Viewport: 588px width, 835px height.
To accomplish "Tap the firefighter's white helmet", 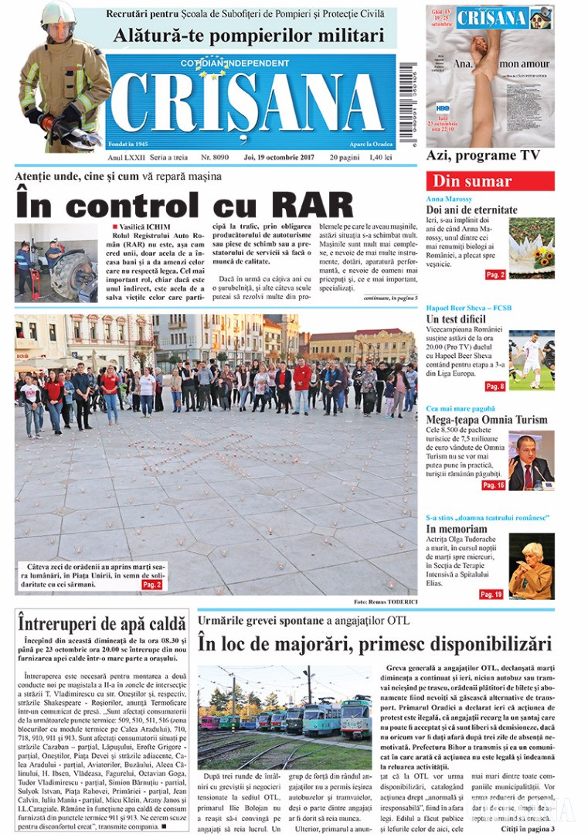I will [x=59, y=15].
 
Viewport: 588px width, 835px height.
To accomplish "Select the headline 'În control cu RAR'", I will [x=185, y=205].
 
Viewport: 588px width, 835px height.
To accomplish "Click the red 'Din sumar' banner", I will [x=489, y=181].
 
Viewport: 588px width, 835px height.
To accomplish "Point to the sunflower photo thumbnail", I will [x=532, y=248].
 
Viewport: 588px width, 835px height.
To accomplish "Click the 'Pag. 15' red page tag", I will [x=493, y=485].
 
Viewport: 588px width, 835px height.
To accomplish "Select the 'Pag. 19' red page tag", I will [x=491, y=594].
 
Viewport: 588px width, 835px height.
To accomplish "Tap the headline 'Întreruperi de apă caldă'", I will [x=102, y=622].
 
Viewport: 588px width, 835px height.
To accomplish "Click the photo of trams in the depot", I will [x=285, y=707].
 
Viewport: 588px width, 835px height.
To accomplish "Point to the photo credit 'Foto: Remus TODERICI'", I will [x=385, y=601].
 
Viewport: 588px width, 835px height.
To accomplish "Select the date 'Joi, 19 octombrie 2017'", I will [x=279, y=157].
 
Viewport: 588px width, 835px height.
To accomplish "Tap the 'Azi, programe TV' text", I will [x=483, y=155].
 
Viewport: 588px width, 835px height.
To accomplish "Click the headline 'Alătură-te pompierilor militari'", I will [x=248, y=36].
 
